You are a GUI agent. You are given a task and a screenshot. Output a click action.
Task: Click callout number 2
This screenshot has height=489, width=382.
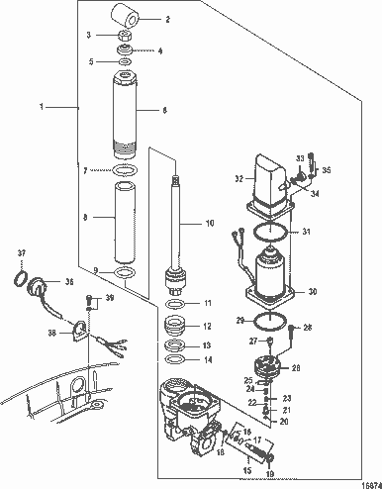coord(167,19)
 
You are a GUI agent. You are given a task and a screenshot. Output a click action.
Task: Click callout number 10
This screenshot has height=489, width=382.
coord(209,225)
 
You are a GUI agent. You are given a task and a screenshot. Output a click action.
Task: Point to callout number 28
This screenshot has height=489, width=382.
coord(308,328)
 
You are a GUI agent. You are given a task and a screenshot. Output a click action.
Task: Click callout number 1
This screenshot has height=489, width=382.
coord(42,105)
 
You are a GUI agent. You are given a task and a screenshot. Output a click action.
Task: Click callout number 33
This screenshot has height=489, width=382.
coord(301,158)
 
